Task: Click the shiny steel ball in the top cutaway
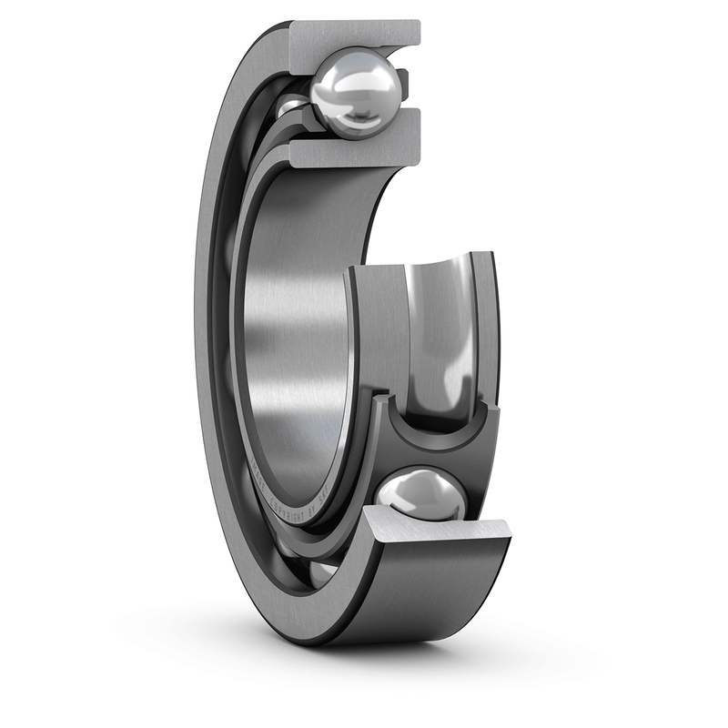pos(353,91)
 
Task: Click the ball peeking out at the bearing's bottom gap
pos(323,573)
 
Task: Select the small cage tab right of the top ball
pos(402,86)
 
